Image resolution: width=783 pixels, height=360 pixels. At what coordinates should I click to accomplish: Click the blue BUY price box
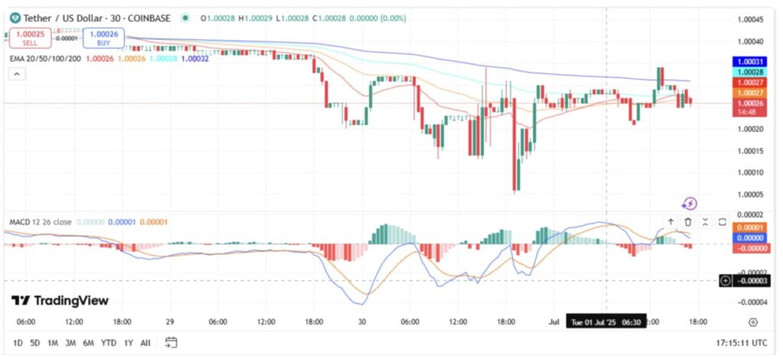pyautogui.click(x=103, y=37)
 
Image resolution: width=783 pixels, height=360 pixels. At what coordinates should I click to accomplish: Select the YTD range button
pyautogui.click(x=108, y=342)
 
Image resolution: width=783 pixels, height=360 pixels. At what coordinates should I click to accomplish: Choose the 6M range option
pyautogui.click(x=89, y=342)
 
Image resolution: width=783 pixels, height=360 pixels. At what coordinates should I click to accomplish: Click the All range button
pyautogui.click(x=145, y=342)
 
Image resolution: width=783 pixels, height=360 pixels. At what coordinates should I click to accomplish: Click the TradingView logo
pyautogui.click(x=60, y=300)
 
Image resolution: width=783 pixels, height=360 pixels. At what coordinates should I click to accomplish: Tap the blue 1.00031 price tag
pyautogui.click(x=750, y=61)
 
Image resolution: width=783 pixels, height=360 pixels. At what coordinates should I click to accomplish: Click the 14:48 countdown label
pyautogui.click(x=747, y=112)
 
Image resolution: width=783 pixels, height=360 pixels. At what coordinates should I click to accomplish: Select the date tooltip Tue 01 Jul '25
pyautogui.click(x=603, y=322)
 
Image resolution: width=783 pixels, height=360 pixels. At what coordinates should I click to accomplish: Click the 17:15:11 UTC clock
pyautogui.click(x=742, y=342)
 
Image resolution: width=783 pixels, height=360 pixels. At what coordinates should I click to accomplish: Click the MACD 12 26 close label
pyautogui.click(x=40, y=222)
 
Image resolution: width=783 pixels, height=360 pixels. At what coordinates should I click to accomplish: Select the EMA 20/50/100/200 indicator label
pyautogui.click(x=45, y=57)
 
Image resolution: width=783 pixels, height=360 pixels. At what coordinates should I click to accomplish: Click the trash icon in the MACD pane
pyautogui.click(x=687, y=222)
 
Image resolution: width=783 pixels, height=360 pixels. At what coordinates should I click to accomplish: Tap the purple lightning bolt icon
pyautogui.click(x=690, y=203)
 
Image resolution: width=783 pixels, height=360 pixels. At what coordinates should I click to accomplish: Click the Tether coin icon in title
pyautogui.click(x=15, y=18)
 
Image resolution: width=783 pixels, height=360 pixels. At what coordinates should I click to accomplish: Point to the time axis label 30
pyautogui.click(x=361, y=322)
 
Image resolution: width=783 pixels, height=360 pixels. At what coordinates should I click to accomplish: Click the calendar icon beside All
pyautogui.click(x=171, y=342)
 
